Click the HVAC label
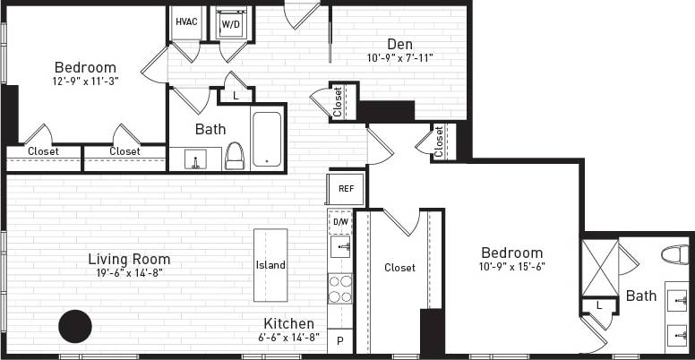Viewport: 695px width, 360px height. pyautogui.click(x=186, y=21)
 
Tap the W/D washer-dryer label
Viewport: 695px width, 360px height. pyautogui.click(x=231, y=23)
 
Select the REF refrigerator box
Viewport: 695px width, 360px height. pyautogui.click(x=346, y=189)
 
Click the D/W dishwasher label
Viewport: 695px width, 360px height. pyautogui.click(x=340, y=220)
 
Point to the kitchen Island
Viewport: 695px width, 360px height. pyautogui.click(x=270, y=264)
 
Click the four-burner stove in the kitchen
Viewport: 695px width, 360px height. pyautogui.click(x=340, y=289)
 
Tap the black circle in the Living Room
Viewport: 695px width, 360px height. pyautogui.click(x=75, y=326)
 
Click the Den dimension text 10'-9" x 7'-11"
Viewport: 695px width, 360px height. pyautogui.click(x=399, y=59)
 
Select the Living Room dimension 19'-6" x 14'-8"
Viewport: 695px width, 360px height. pyautogui.click(x=129, y=273)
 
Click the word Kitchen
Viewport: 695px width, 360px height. pyautogui.click(x=288, y=323)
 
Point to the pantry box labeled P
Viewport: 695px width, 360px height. pyautogui.click(x=340, y=341)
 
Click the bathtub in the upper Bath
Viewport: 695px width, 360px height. pyautogui.click(x=267, y=139)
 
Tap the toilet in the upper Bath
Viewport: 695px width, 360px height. pyautogui.click(x=235, y=156)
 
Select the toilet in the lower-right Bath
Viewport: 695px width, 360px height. pyautogui.click(x=676, y=255)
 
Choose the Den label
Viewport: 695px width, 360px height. pyautogui.click(x=399, y=44)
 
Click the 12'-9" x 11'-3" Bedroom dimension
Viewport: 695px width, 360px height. pyautogui.click(x=86, y=80)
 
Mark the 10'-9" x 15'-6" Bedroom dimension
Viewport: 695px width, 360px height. pyautogui.click(x=511, y=266)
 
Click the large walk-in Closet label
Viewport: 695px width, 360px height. pyautogui.click(x=399, y=267)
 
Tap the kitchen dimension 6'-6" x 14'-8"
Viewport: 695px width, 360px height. pyautogui.click(x=288, y=338)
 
